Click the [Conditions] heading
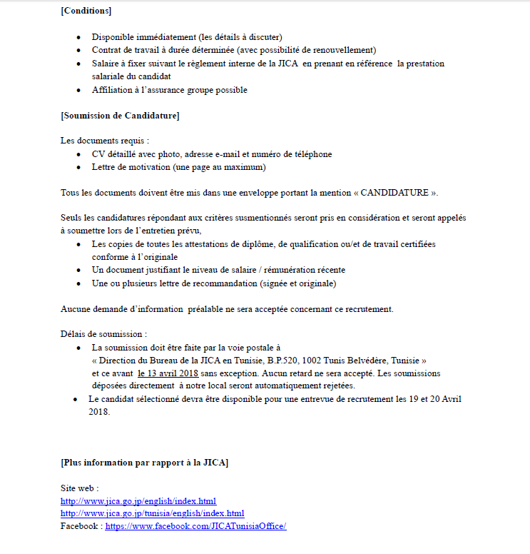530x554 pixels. click(x=86, y=11)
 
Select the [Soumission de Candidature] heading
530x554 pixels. click(x=120, y=115)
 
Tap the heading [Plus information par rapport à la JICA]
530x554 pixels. click(x=145, y=463)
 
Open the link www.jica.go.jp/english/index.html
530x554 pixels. click(x=138, y=501)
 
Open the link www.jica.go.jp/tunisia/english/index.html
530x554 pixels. click(x=153, y=513)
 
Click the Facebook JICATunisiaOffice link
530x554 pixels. click(x=195, y=526)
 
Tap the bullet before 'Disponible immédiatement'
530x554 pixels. click(x=78, y=37)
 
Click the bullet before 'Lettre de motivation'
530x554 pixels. click(x=78, y=167)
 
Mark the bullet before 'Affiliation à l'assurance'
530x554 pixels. click(x=78, y=90)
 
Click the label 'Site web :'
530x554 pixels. click(x=80, y=488)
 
